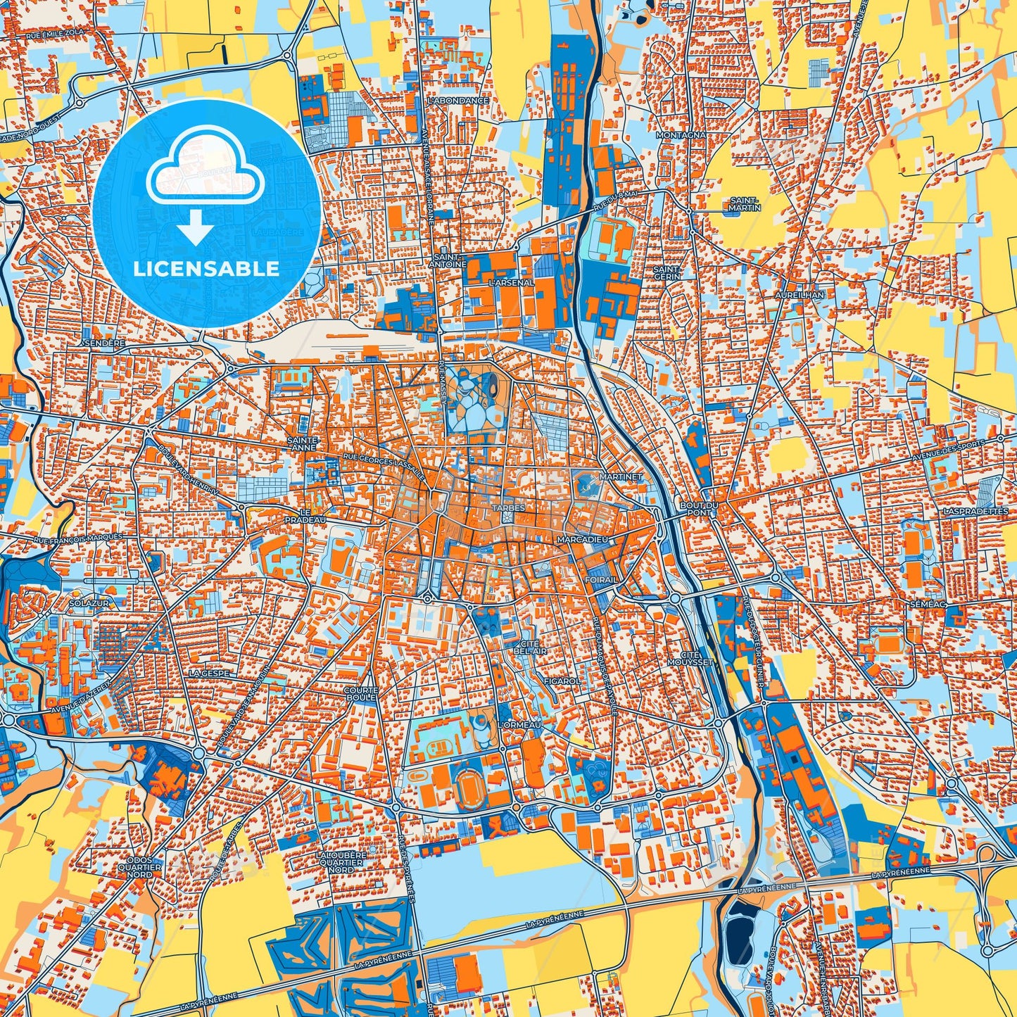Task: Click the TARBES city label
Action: tap(508, 507)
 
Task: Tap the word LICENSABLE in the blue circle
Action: tap(206, 268)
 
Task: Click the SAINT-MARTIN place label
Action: tap(745, 204)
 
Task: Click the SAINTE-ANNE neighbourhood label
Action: tap(304, 443)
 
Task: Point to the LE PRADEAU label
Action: tap(305, 516)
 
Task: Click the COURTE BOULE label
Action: tap(360, 694)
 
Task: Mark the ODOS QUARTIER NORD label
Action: tap(144, 867)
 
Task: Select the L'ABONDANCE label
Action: tap(458, 101)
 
